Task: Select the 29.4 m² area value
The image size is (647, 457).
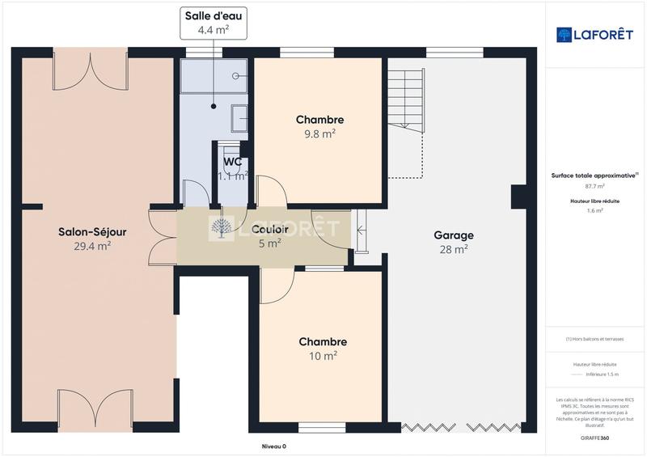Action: (92, 247)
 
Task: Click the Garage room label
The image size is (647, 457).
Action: (454, 235)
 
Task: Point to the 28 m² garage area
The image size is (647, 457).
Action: (454, 250)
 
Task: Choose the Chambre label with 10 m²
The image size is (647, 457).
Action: (323, 342)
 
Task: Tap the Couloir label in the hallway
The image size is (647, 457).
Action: (269, 229)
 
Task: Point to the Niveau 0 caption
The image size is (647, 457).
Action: (273, 446)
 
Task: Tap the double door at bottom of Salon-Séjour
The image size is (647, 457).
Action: (95, 409)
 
